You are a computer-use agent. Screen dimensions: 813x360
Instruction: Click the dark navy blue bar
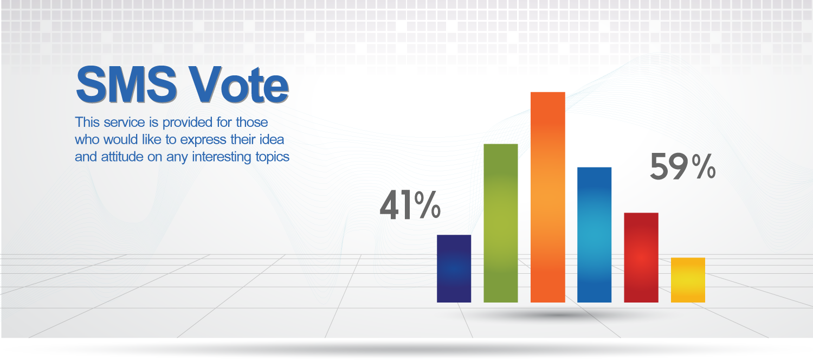(454, 268)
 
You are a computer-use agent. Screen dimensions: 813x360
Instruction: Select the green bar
(500, 223)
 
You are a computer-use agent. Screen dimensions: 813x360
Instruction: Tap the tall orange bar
(547, 197)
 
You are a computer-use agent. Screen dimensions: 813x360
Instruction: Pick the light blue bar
(594, 235)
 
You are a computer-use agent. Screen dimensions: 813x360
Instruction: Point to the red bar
(641, 258)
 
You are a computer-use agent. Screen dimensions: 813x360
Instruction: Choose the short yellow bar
(688, 280)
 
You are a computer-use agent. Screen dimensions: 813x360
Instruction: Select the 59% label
(683, 166)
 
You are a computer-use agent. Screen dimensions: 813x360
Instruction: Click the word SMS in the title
(126, 85)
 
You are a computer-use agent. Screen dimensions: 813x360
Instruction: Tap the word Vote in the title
(239, 85)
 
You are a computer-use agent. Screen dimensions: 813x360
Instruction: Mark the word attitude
(122, 157)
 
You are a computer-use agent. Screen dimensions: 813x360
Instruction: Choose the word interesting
(222, 157)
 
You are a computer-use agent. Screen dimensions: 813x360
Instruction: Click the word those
(252, 123)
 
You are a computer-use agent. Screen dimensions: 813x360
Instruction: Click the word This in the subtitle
(87, 123)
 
